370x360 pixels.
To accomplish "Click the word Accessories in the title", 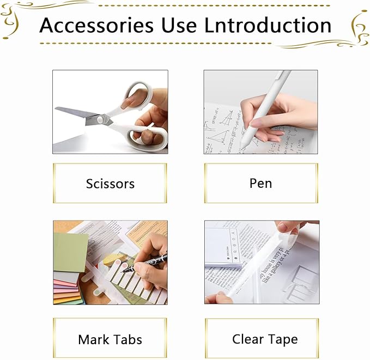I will coord(96,25).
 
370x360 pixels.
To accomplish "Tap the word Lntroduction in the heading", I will coord(268,25).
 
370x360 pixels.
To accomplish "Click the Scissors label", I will coord(110,184).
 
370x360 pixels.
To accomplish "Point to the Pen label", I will coord(260,183).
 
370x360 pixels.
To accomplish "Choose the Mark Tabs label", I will coord(110,340).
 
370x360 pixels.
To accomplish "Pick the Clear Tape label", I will coord(265,339).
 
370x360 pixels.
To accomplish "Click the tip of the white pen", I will coord(242,146).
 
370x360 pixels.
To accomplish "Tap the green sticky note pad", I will coord(70,252).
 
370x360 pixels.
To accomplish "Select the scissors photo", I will coord(110,112).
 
